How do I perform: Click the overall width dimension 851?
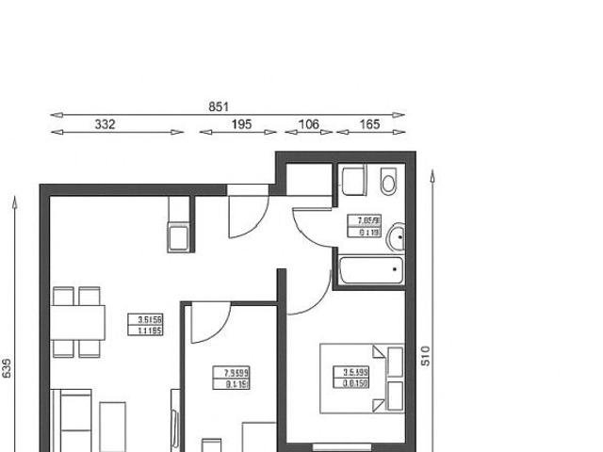tap(219, 107)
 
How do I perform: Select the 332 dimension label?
tap(105, 124)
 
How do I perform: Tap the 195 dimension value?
tap(241, 124)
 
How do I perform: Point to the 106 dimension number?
tap(308, 124)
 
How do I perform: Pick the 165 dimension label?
tap(369, 124)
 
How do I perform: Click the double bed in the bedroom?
tap(363, 379)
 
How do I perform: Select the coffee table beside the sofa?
tap(112, 426)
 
